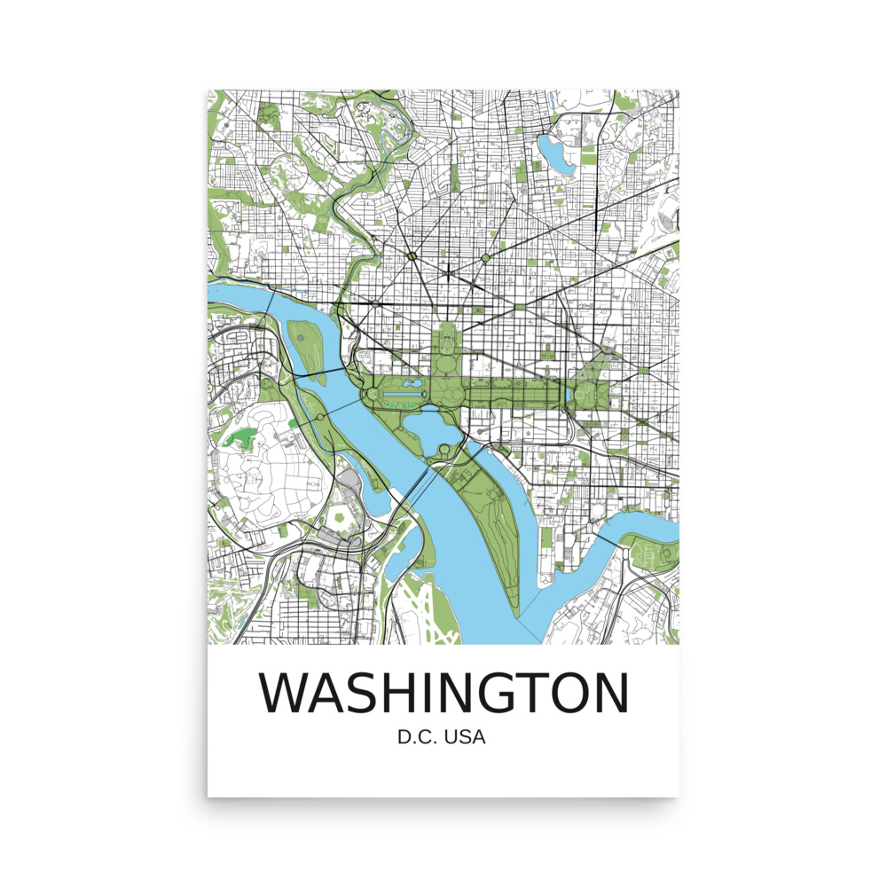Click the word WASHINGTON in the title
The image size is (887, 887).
(x=443, y=693)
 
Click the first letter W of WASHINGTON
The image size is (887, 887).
(x=283, y=693)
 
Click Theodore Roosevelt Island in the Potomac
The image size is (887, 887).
(x=305, y=342)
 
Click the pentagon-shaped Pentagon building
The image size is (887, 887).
(x=340, y=516)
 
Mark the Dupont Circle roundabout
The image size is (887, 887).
(x=412, y=257)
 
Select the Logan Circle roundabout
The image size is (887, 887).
(x=486, y=258)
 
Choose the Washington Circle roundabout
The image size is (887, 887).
(x=376, y=303)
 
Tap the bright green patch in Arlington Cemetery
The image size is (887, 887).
(x=239, y=438)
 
